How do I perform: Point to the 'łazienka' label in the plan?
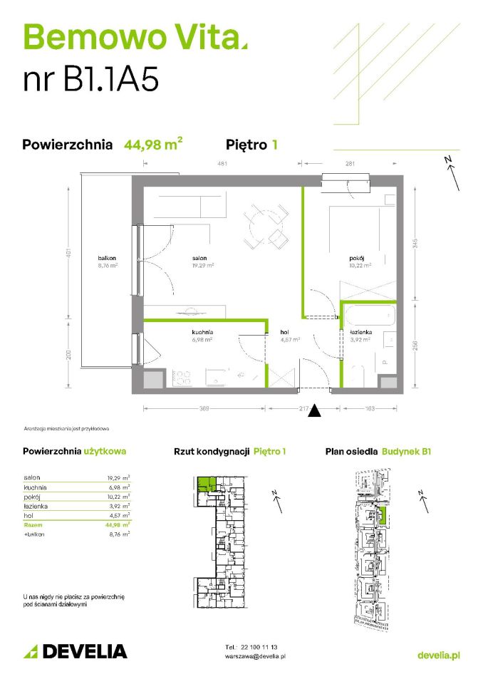point(359,332)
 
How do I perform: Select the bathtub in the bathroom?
point(368,315)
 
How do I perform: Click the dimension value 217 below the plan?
point(305,408)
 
